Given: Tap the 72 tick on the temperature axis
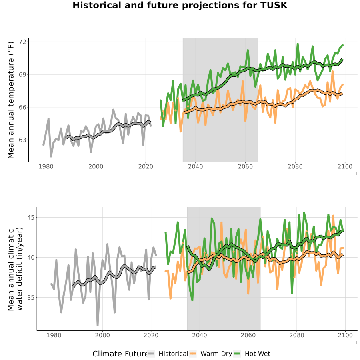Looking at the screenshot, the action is (x=23, y=42).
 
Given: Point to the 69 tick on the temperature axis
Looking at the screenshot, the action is (x=23, y=75).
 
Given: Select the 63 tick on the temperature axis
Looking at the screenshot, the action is (x=23, y=140).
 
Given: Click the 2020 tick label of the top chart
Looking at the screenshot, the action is (x=146, y=166).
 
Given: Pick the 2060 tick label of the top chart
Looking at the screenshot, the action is (x=245, y=166).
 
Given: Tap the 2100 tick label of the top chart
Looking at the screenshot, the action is (x=345, y=166).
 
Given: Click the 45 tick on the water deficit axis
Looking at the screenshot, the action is (x=31, y=217).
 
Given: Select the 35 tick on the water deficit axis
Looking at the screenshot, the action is (x=31, y=297).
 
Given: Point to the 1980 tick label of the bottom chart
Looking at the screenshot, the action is (x=54, y=335).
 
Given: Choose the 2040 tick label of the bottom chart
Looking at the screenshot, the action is (x=200, y=335).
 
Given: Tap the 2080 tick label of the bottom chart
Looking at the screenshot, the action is (x=297, y=335).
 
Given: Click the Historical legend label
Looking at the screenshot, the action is (x=173, y=354).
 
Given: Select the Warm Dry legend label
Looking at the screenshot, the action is (x=216, y=354).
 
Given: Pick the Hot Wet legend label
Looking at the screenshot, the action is (x=257, y=354).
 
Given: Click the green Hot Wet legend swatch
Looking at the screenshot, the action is (x=237, y=354).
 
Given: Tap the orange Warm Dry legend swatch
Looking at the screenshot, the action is (x=193, y=354).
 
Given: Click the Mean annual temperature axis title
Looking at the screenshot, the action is (x=11, y=100).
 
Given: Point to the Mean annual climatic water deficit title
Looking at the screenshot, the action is (x=15, y=269).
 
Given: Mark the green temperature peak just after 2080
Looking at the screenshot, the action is (x=298, y=44).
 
